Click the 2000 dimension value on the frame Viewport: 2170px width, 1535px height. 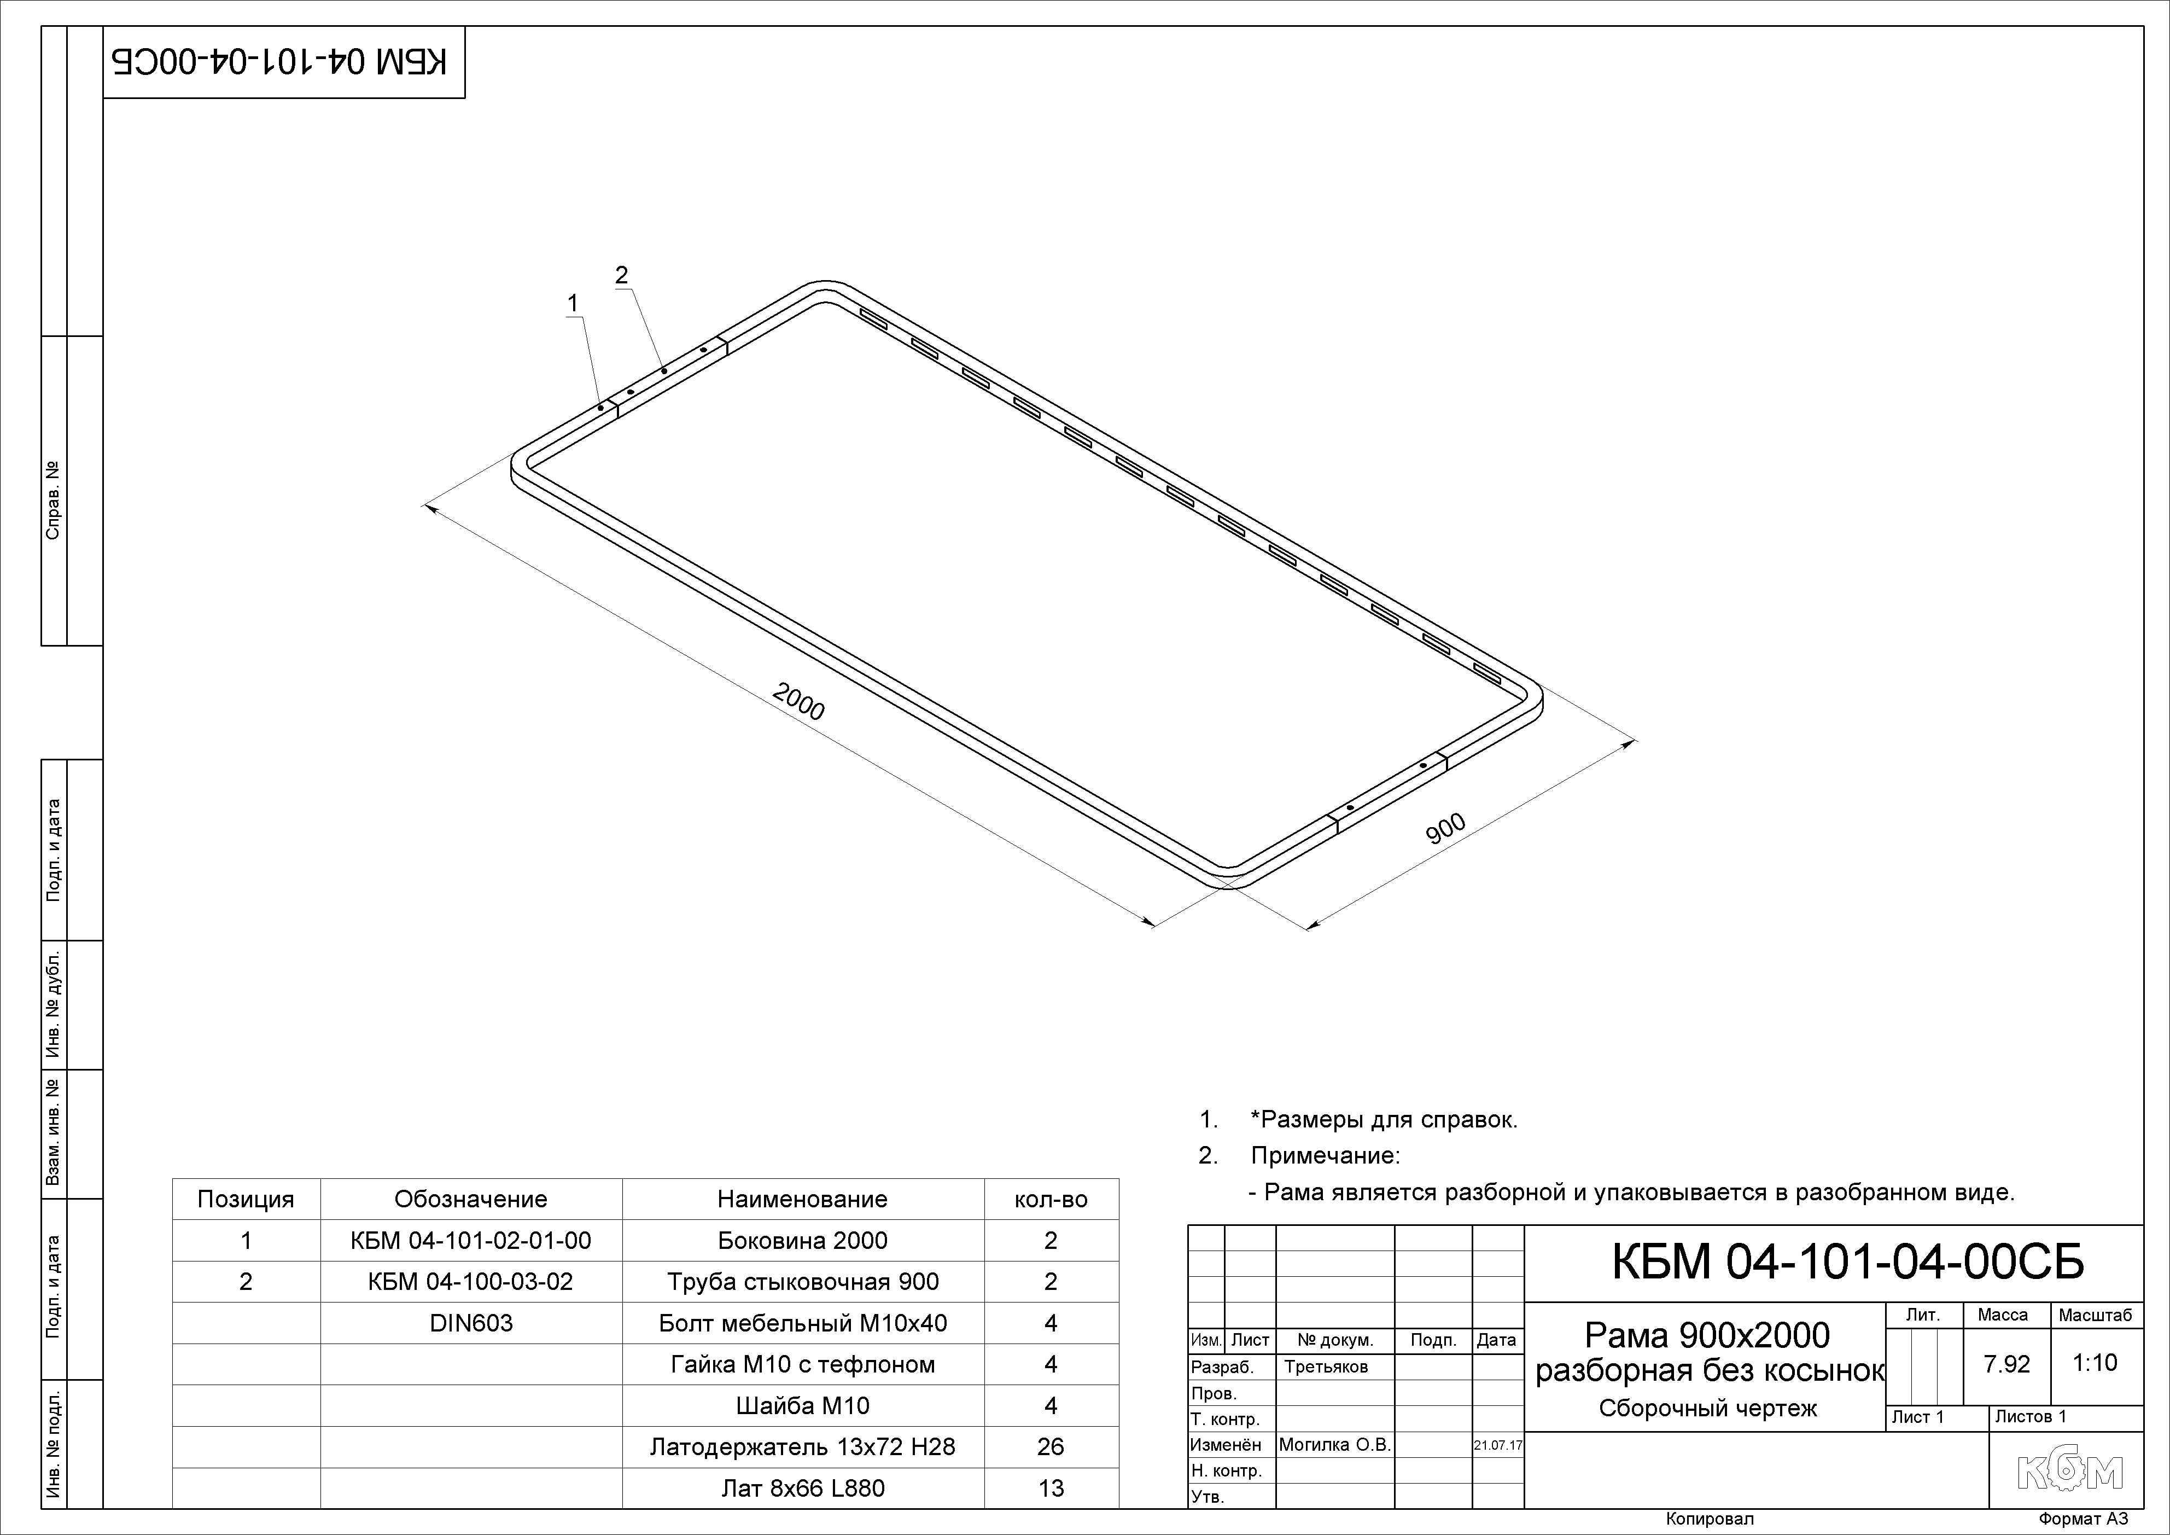tap(798, 701)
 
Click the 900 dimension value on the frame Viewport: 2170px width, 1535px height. tap(1445, 828)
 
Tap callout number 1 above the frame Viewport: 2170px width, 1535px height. tap(572, 304)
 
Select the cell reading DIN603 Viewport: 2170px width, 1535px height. tap(471, 1323)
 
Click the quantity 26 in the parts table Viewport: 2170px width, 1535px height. tap(1050, 1447)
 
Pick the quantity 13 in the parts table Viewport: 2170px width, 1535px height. tap(1050, 1489)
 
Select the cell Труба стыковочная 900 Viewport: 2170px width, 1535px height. tap(802, 1282)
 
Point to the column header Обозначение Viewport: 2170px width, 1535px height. tap(471, 1200)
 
